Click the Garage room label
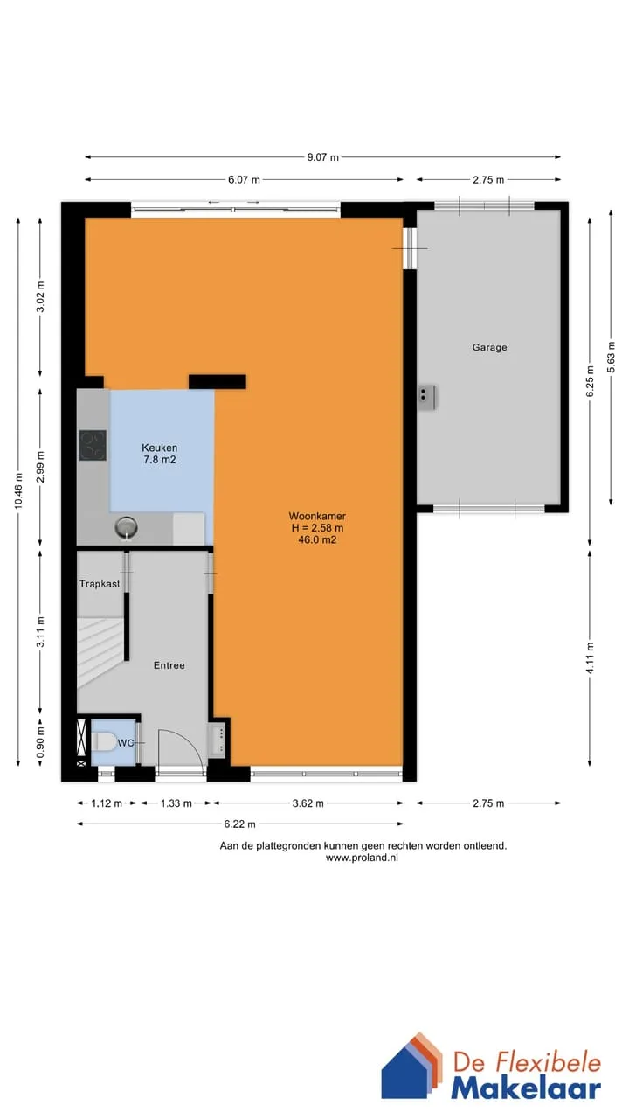tap(489, 347)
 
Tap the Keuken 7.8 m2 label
tap(159, 454)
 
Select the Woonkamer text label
tap(317, 516)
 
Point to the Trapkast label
tap(100, 583)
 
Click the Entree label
tap(169, 665)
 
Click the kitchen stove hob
tap(93, 445)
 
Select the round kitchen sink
tap(127, 527)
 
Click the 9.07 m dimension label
tap(322, 157)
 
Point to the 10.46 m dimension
tap(18, 490)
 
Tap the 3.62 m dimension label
tap(308, 803)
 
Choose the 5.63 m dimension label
tap(611, 358)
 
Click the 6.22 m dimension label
tap(239, 824)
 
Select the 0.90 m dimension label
tap(40, 742)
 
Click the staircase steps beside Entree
tap(100, 652)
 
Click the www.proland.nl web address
tap(362, 858)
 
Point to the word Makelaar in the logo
tap(526, 1088)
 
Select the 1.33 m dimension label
tap(176, 803)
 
